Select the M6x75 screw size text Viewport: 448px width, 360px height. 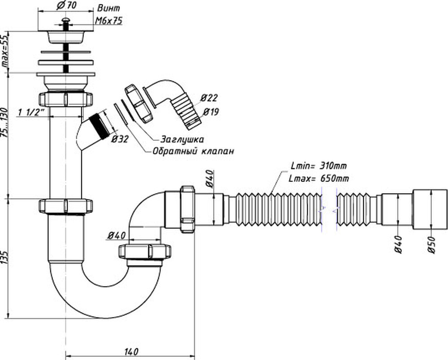tap(109, 20)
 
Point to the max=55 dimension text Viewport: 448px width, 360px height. tap(5, 51)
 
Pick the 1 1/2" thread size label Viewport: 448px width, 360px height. tap(33, 113)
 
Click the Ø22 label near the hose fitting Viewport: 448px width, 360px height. tap(209, 98)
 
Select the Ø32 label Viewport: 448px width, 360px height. tap(120, 139)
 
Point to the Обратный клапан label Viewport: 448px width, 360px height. tap(193, 151)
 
